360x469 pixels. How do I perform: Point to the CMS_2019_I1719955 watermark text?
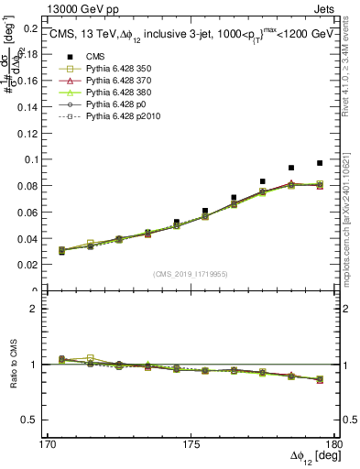(190, 273)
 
